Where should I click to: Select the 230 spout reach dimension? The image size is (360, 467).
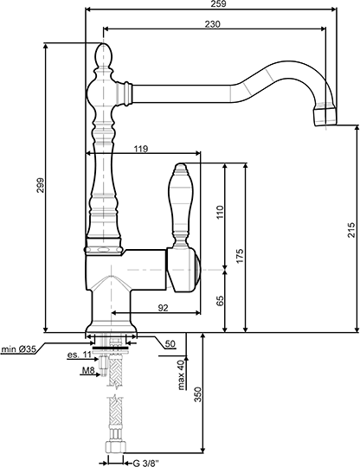(x=213, y=24)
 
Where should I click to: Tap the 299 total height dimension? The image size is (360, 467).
(x=41, y=185)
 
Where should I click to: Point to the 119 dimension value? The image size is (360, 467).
(x=141, y=149)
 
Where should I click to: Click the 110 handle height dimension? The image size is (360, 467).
(x=220, y=212)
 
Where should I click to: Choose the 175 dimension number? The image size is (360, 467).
(x=240, y=255)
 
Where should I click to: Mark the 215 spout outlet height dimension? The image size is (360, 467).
(x=351, y=230)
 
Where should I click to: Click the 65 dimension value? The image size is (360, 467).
(x=220, y=301)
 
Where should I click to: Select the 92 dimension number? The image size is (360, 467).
(x=163, y=308)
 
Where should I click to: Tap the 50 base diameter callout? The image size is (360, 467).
(x=170, y=344)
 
